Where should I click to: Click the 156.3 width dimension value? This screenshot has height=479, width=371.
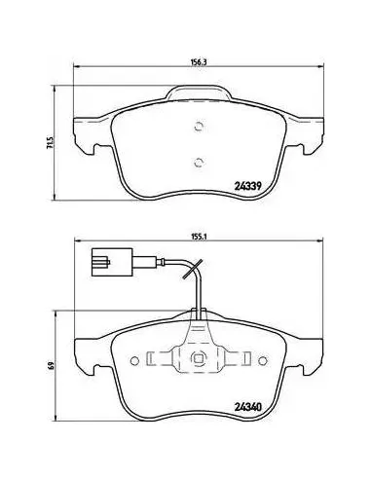(199, 62)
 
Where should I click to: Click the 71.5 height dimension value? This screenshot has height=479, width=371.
(50, 143)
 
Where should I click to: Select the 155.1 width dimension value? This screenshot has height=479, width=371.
(199, 237)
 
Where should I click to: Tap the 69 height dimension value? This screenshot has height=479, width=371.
(50, 364)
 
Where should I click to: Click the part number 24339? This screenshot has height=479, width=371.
(247, 186)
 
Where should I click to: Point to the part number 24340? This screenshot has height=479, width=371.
(247, 407)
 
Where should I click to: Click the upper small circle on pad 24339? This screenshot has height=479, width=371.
(199, 127)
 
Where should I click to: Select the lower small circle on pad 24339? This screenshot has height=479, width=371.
(199, 163)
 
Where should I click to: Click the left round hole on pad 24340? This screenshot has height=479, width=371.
(134, 360)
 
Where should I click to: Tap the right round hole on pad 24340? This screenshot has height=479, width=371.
(263, 360)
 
